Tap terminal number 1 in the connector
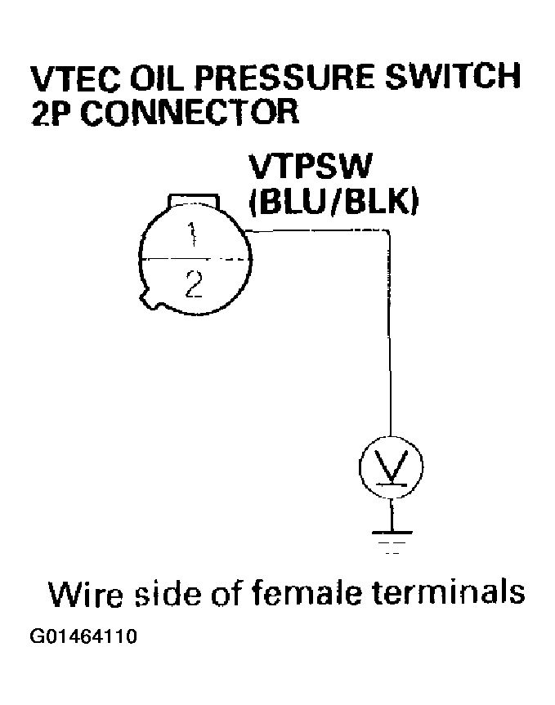click(x=192, y=237)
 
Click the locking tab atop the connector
click(x=192, y=202)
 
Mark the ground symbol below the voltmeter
click(x=392, y=539)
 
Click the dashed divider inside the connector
click(x=193, y=260)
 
